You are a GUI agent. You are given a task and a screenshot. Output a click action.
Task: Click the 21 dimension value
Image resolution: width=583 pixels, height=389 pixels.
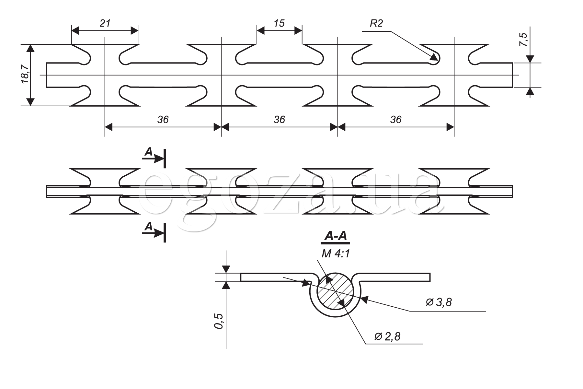pos(105,23)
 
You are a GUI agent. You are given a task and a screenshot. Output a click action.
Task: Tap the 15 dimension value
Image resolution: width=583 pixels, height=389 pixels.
pos(279,23)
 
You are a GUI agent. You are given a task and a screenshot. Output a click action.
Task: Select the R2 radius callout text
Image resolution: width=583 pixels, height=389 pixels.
pos(376,23)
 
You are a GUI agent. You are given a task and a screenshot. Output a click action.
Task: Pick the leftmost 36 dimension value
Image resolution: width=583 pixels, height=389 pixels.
pos(163,120)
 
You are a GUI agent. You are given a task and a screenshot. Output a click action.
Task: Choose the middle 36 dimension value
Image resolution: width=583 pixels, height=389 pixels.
pos(279,120)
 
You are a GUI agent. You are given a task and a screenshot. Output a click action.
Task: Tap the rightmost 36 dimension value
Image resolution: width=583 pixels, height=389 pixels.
pos(395,120)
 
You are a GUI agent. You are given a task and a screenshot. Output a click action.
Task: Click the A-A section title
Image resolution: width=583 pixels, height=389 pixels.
pos(335,237)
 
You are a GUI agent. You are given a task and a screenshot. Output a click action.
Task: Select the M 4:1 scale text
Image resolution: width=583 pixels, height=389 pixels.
pos(336,253)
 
